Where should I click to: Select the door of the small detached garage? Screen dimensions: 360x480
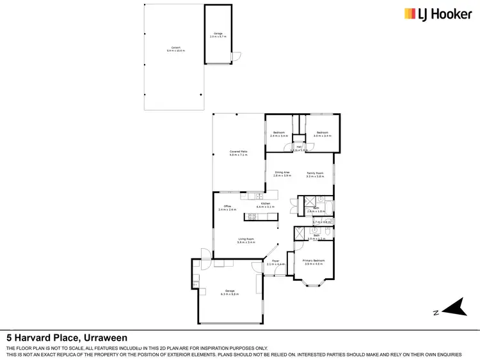pyautogui.click(x=234, y=57)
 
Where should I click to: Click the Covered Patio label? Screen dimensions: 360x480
pyautogui.click(x=239, y=152)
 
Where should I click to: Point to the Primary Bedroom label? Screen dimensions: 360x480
pyautogui.click(x=314, y=260)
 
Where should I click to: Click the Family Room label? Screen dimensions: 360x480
pyautogui.click(x=316, y=173)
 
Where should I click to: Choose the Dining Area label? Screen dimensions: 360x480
pyautogui.click(x=282, y=173)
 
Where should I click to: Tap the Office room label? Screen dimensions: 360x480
pyautogui.click(x=227, y=206)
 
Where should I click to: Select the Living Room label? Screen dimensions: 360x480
pyautogui.click(x=246, y=240)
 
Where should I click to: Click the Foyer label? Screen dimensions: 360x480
pyautogui.click(x=276, y=261)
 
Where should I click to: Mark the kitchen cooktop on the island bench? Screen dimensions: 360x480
pyautogui.click(x=252, y=216)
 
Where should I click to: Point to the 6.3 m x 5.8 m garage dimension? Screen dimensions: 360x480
pyautogui.click(x=229, y=294)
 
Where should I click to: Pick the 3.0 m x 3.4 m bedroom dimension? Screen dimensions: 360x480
pyautogui.click(x=322, y=136)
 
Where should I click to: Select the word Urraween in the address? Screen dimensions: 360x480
pyautogui.click(x=106, y=337)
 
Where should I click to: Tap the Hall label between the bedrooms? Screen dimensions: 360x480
pyautogui.click(x=299, y=147)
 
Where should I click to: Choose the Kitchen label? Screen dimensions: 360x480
pyautogui.click(x=265, y=203)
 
